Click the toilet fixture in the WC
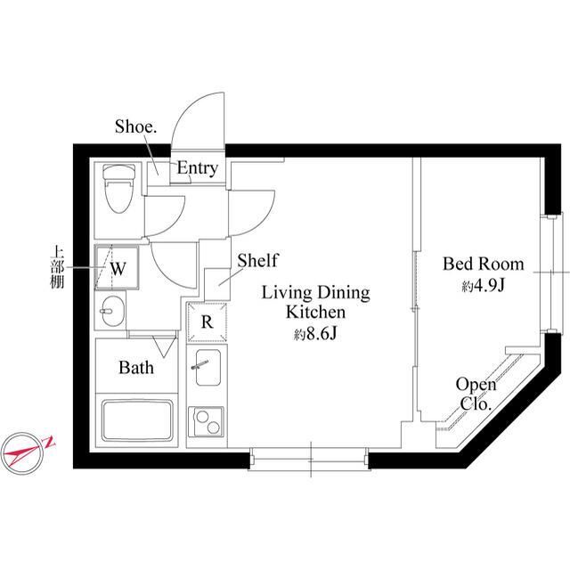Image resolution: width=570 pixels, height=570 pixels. point(116,189)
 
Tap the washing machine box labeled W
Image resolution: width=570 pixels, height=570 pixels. point(117,266)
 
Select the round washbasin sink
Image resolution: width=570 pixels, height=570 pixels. point(111,313)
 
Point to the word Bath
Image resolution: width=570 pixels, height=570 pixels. point(136,367)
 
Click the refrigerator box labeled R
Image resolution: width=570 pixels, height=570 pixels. point(207,322)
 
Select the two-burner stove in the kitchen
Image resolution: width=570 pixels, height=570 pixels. point(207,419)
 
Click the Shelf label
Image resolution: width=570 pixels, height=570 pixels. point(257,261)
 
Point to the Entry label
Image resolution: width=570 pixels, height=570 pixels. point(197,168)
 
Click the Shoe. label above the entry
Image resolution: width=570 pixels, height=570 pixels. point(135,126)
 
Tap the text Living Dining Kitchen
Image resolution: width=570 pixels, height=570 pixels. point(314,303)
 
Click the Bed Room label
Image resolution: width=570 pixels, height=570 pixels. point(483,265)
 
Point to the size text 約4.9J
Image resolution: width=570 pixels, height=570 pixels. point(482,287)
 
